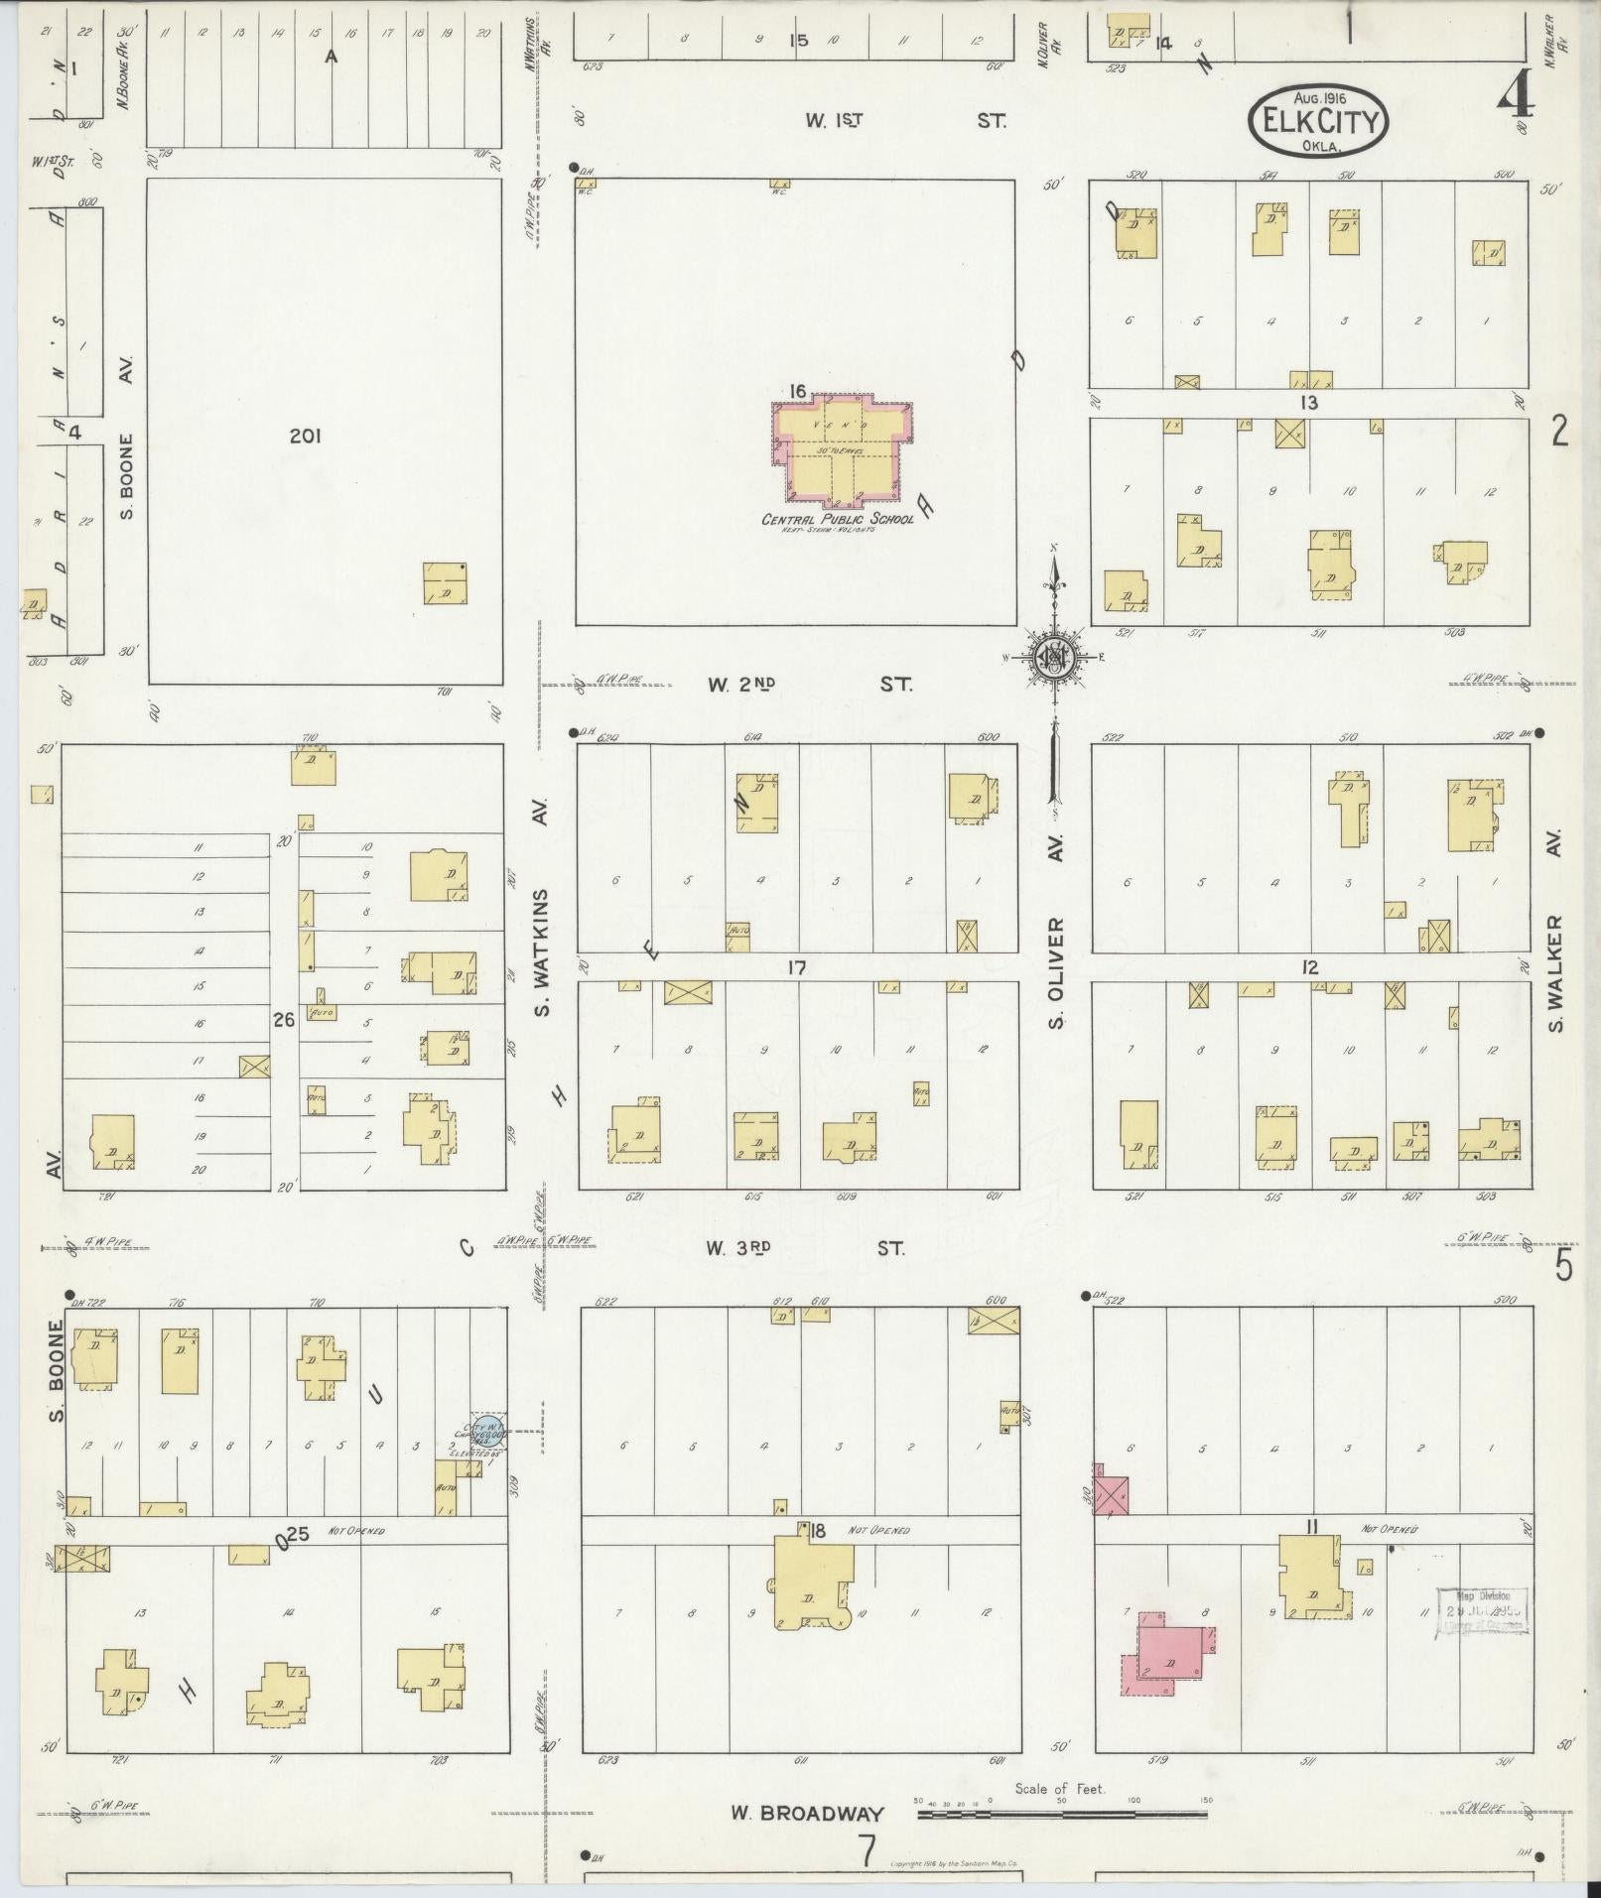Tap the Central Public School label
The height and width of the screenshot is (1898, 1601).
(837, 520)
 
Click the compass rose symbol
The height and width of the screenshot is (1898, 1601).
(1053, 657)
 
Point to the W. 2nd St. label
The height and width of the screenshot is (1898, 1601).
(809, 685)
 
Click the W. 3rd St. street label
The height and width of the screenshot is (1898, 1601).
(805, 1248)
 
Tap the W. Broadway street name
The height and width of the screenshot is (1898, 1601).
(806, 1814)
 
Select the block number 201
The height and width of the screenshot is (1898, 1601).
(306, 436)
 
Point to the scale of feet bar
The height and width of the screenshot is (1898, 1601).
(1061, 1815)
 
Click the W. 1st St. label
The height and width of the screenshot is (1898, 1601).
(905, 121)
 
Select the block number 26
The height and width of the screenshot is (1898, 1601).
(284, 1019)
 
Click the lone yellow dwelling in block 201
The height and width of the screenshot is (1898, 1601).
(445, 583)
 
